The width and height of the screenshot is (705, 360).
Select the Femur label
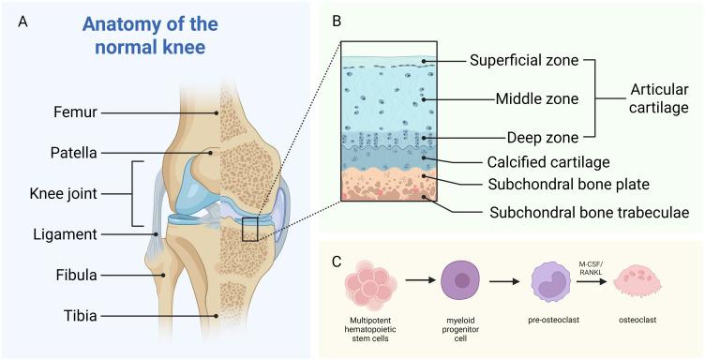pos(73,112)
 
